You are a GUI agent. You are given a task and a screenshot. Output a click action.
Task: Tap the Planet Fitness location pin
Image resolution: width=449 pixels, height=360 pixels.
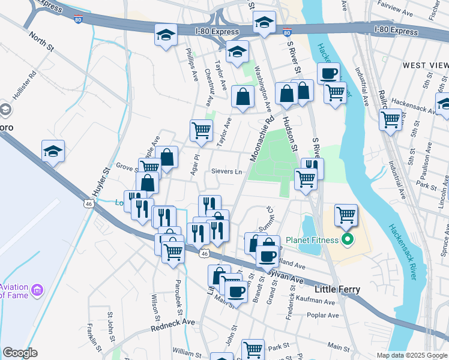coord(346,241)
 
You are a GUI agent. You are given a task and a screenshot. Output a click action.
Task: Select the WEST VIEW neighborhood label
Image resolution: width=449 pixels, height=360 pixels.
coord(425,65)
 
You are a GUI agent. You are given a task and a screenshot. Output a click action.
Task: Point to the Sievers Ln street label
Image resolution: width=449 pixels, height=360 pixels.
coord(226,172)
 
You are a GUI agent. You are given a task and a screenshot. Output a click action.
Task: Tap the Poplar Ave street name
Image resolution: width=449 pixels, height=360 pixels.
coord(322,315)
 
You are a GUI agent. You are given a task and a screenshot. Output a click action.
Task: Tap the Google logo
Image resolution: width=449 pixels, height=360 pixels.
coord(20,353)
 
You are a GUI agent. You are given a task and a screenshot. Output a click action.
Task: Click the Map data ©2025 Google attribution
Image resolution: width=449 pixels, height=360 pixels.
coord(412,355)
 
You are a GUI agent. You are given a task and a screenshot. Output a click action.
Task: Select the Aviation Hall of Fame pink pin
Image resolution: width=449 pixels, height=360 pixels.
coord(38,291)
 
